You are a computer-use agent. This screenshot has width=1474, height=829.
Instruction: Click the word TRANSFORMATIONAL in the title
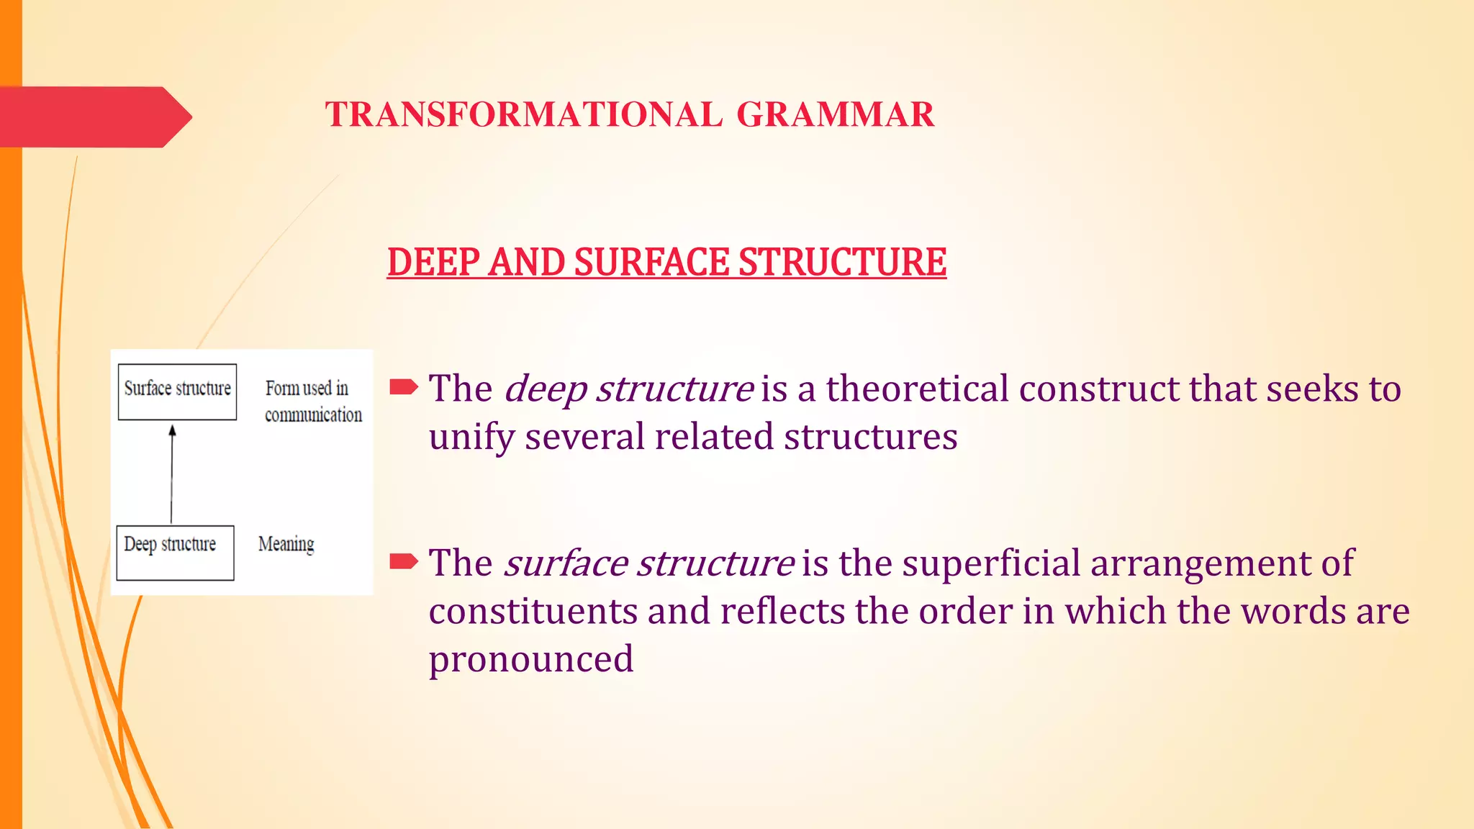(523, 115)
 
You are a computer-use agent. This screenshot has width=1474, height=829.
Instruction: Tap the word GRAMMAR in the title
(836, 115)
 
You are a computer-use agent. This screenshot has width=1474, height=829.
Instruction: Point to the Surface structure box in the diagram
(177, 391)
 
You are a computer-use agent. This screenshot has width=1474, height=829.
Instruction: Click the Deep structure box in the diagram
(175, 553)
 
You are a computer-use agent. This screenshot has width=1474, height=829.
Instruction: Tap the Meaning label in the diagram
(286, 544)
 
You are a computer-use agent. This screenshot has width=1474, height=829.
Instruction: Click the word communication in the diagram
(313, 415)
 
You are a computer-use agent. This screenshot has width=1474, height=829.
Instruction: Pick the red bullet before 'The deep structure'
(403, 388)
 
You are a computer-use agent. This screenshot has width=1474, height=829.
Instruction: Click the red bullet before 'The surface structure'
(403, 561)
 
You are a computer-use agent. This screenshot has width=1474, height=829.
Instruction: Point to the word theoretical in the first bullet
(917, 389)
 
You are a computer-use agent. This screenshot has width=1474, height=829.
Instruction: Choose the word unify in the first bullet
(471, 438)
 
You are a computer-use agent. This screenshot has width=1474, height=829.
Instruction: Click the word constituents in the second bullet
(533, 612)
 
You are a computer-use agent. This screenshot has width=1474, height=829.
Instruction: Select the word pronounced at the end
(531, 659)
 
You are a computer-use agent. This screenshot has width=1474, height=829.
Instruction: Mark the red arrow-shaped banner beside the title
(94, 117)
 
